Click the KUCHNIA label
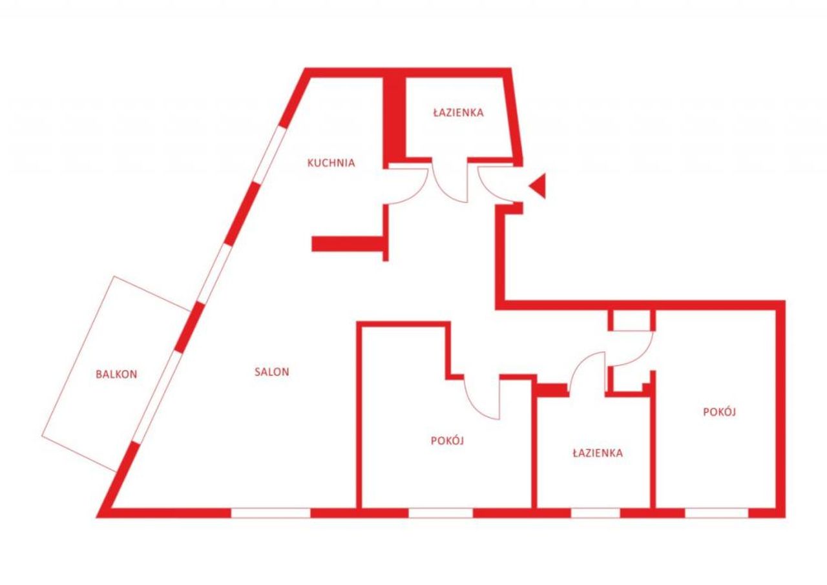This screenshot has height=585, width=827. pos(331,163)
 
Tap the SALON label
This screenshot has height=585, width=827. pos(272,372)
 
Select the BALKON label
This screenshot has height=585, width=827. pos(116,375)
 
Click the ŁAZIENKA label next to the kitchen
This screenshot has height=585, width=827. pos(458,112)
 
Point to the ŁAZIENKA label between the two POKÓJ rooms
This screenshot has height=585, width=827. pos(598,453)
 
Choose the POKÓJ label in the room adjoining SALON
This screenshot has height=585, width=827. pos(447,440)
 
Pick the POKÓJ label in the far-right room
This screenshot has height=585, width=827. pos(719,412)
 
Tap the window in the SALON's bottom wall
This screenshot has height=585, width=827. pos(271,513)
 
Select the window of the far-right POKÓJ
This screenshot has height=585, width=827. pos(717,513)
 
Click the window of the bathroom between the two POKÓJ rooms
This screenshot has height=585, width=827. pos(596,513)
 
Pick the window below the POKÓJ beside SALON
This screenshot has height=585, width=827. pos(441,513)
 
